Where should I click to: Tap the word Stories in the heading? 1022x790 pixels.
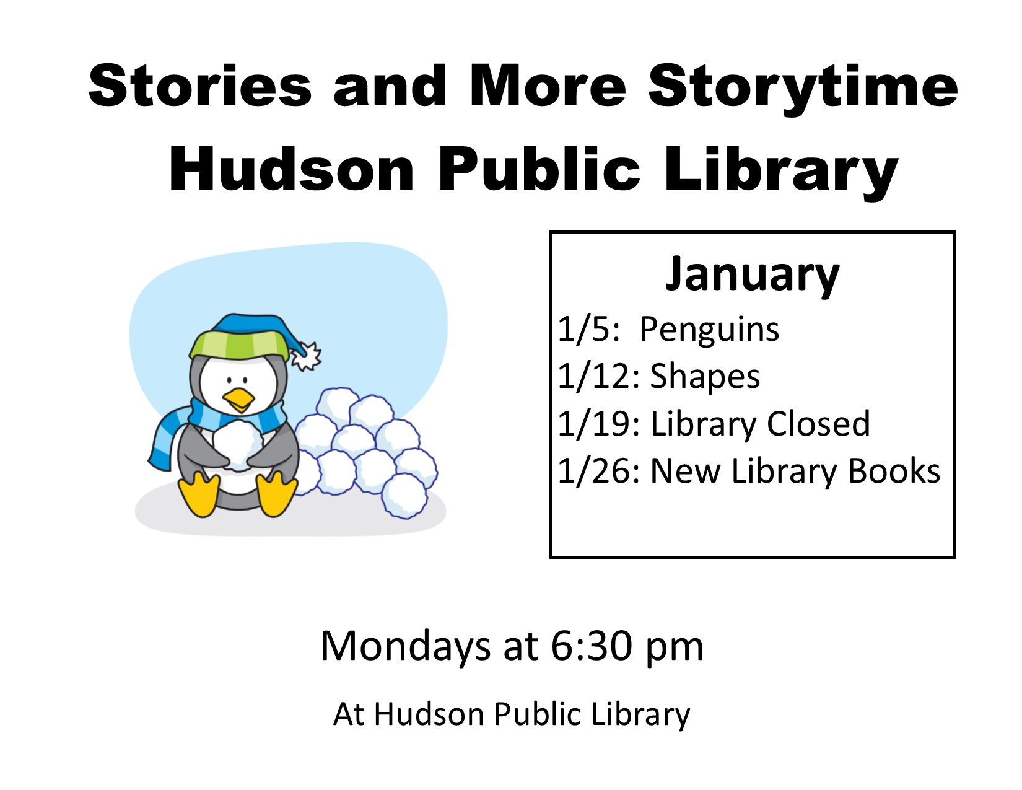(x=200, y=85)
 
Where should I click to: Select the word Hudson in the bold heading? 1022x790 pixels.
(x=291, y=169)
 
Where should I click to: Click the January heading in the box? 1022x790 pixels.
(x=752, y=275)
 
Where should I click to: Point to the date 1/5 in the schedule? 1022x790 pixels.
(x=588, y=329)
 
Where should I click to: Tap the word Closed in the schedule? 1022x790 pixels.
(x=818, y=423)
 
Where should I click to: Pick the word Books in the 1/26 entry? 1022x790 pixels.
(x=894, y=471)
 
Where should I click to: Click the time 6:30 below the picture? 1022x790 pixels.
(x=592, y=646)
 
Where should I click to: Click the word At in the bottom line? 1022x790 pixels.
(x=349, y=714)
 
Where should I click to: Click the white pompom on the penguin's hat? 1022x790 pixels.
(x=306, y=356)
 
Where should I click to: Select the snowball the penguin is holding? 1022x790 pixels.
(x=237, y=445)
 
